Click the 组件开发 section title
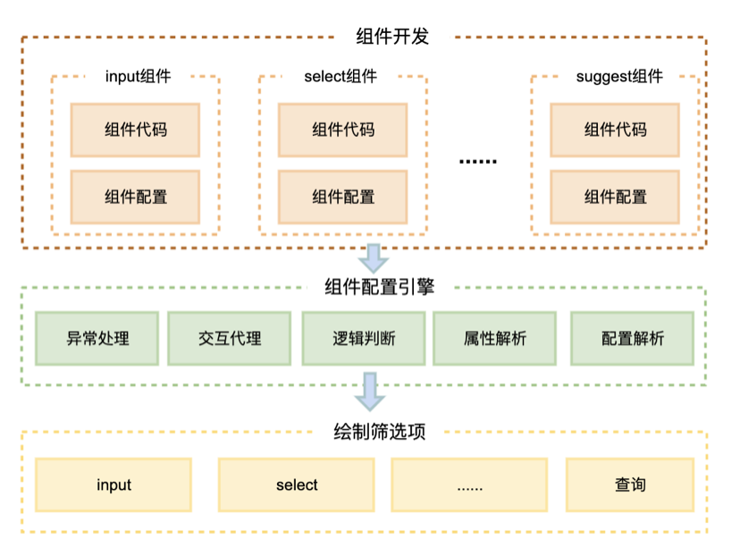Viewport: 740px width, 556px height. (x=393, y=37)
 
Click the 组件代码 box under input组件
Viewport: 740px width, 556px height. (x=135, y=130)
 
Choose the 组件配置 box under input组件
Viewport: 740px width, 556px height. (x=135, y=197)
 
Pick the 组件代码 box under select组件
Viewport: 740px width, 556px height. (x=343, y=130)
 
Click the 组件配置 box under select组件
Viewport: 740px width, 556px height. (x=343, y=197)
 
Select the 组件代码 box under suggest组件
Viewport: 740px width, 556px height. (x=615, y=130)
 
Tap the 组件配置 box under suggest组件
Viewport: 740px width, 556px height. (x=615, y=197)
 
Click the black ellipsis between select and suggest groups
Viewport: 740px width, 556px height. (x=477, y=161)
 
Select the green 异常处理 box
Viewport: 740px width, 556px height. (x=97, y=339)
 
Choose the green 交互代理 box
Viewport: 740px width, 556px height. (x=230, y=339)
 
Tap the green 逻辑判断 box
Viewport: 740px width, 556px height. (x=364, y=339)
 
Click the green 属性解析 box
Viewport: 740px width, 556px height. (x=494, y=339)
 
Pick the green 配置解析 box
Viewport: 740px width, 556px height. (x=632, y=339)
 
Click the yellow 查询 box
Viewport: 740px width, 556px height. (x=629, y=484)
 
